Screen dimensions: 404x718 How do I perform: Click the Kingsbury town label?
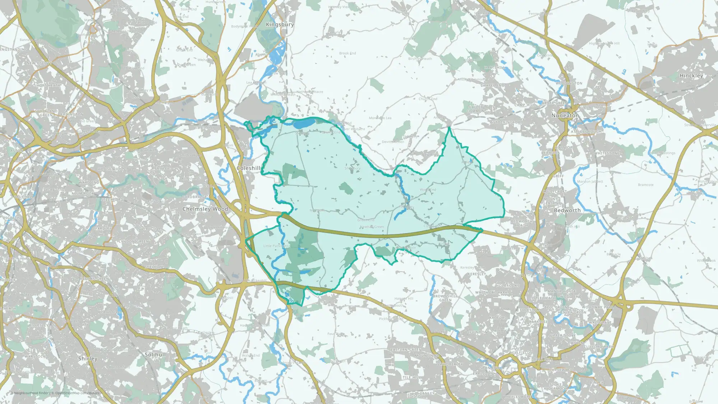[280, 24]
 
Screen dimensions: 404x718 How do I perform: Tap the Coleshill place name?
[248, 168]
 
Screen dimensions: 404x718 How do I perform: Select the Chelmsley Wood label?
[205, 209]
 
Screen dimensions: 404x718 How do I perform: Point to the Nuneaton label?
[565, 116]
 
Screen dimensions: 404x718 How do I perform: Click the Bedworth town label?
[567, 210]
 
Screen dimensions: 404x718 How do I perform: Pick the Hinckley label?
[691, 76]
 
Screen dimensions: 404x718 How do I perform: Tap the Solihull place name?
[155, 354]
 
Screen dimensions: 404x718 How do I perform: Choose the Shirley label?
[88, 358]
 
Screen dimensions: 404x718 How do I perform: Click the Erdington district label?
[72, 115]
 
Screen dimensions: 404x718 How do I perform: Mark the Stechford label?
[112, 200]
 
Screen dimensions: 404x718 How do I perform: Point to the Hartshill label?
[494, 68]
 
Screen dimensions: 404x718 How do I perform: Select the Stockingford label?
[508, 122]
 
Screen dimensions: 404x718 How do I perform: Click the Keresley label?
[477, 274]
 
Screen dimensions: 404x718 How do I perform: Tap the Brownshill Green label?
[445, 298]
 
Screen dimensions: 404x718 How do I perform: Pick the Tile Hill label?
[411, 377]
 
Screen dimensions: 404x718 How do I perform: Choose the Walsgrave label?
[600, 323]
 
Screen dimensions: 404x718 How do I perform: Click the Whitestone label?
[607, 153]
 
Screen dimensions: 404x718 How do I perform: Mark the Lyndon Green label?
[134, 242]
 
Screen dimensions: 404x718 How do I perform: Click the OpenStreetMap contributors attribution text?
[77, 393]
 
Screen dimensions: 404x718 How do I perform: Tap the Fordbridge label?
[195, 197]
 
